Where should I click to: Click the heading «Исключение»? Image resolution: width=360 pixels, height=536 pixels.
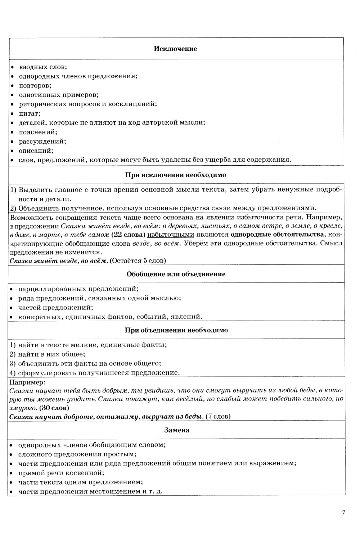(x=176, y=49)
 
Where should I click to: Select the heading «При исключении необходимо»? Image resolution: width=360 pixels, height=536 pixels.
(x=176, y=175)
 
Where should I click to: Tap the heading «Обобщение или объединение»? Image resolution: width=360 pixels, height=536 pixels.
(x=176, y=274)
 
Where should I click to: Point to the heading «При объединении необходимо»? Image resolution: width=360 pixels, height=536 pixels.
(x=176, y=330)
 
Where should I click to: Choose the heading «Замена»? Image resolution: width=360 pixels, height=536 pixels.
(x=176, y=430)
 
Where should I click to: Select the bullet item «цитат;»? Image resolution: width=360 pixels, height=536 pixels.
(x=30, y=113)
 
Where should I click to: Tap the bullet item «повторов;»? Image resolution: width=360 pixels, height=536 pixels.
(x=35, y=86)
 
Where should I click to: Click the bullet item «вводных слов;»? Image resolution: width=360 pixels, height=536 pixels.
(x=43, y=67)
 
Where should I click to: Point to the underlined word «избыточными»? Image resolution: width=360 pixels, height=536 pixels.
(x=171, y=235)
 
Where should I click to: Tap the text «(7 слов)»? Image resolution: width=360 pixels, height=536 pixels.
(x=217, y=417)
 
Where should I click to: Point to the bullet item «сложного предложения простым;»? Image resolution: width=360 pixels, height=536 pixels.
(x=77, y=454)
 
